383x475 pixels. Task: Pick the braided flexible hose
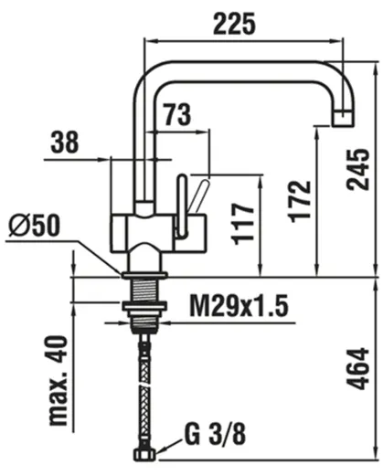pyautogui.click(x=145, y=384)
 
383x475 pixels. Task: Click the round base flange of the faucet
pyautogui.click(x=145, y=272)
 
